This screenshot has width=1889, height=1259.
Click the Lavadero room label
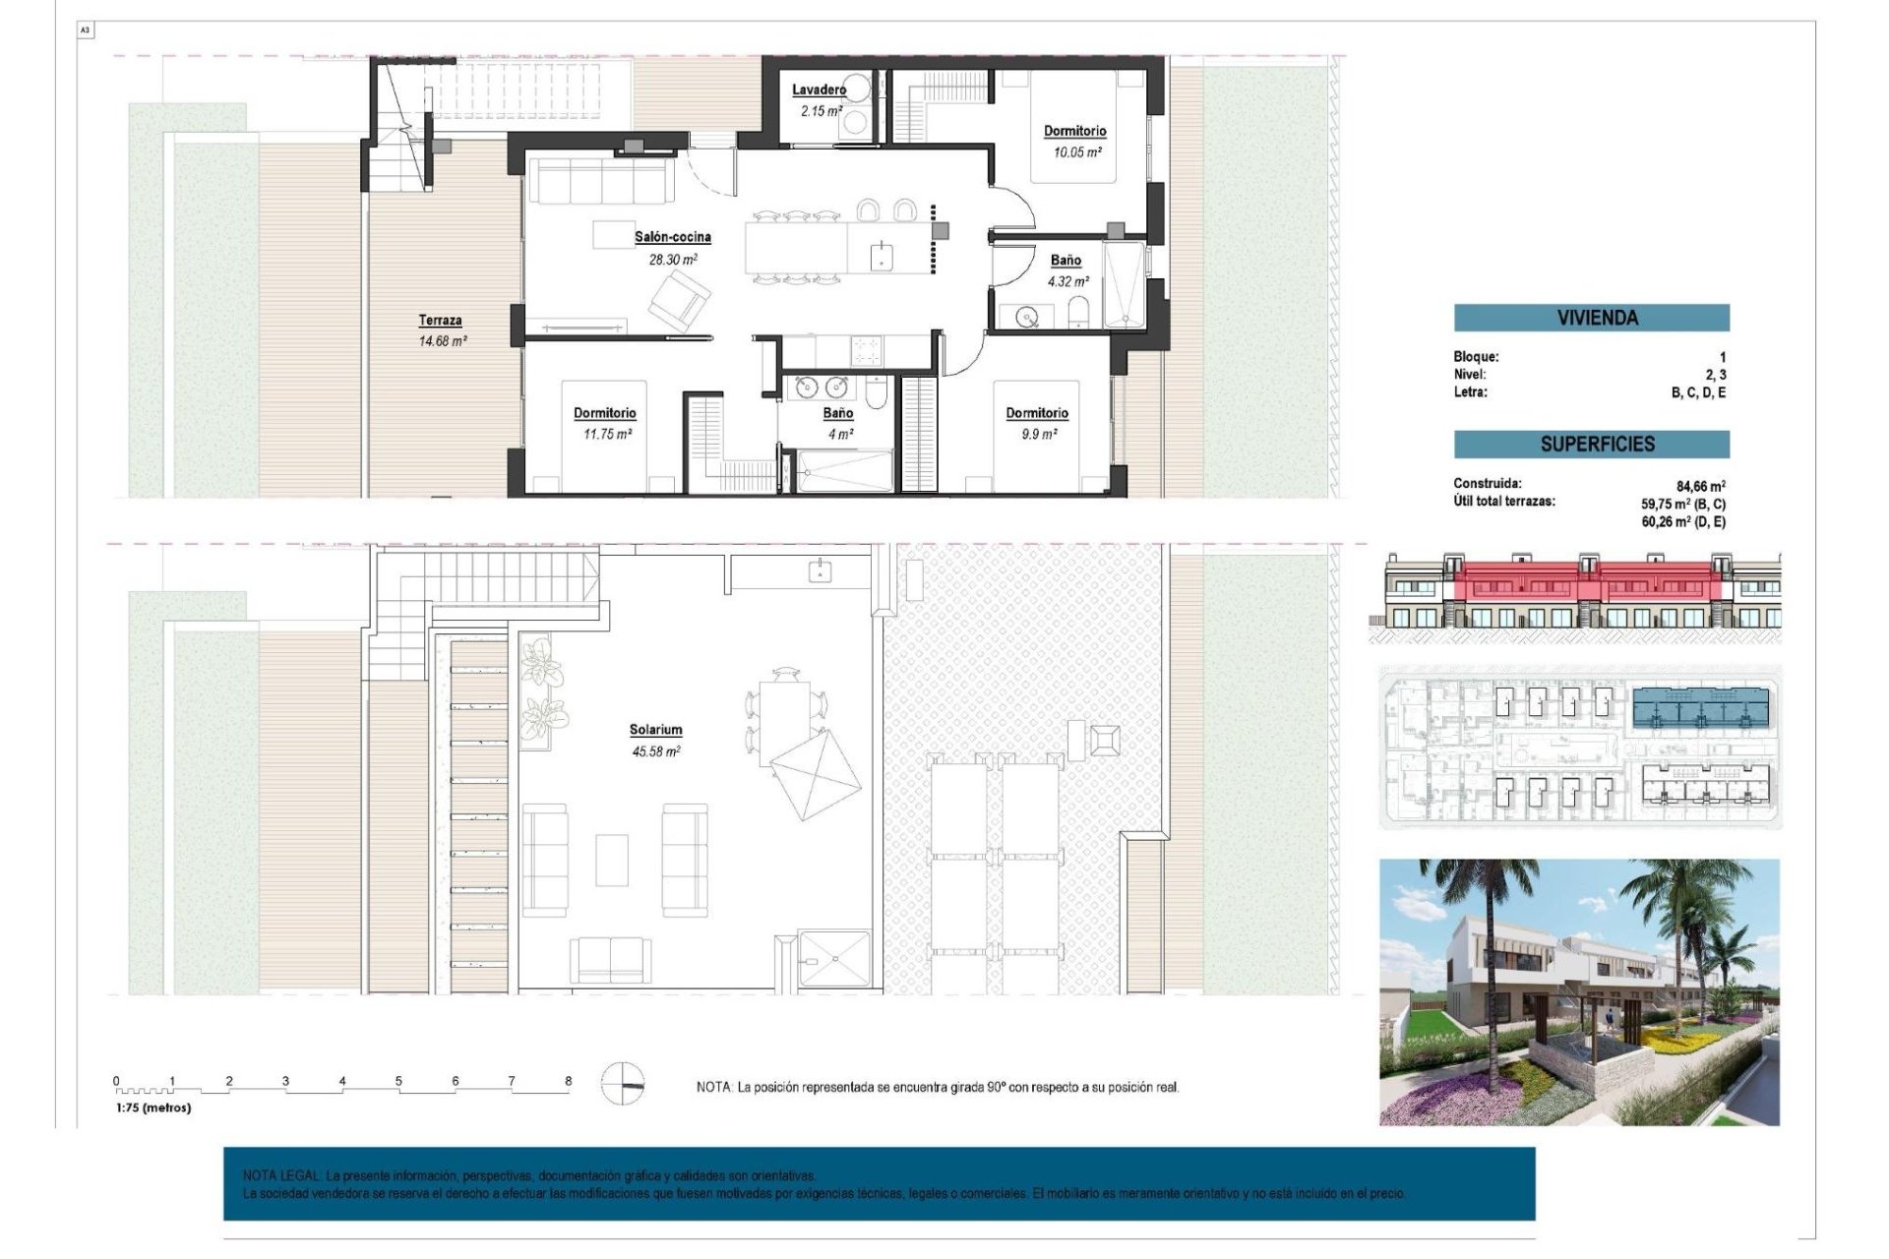pos(819,90)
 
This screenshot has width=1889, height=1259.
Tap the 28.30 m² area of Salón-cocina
pos(672,260)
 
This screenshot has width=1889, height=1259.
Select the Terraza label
pos(440,320)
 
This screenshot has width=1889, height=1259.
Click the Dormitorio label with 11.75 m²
pos(604,413)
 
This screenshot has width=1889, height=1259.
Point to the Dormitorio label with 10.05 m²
pos(1074,131)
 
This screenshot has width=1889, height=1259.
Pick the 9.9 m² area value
pos(1037,434)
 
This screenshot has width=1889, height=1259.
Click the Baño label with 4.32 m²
pos(1066,261)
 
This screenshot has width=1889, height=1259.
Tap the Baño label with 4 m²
pos(838,413)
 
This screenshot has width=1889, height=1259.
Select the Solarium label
pos(655,730)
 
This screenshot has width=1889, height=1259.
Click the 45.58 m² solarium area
pos(655,751)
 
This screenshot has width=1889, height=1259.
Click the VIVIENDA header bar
pos(1591,318)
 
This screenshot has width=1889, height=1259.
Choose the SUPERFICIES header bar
pos(1591,444)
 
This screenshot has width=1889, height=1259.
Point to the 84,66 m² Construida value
pos(1700,486)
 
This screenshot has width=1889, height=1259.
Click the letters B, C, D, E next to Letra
pos(1698,392)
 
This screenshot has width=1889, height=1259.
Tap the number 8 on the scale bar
pos(568,1081)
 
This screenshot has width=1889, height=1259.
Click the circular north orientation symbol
pos(623,1085)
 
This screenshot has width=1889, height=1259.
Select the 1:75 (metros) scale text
pos(153,1108)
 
